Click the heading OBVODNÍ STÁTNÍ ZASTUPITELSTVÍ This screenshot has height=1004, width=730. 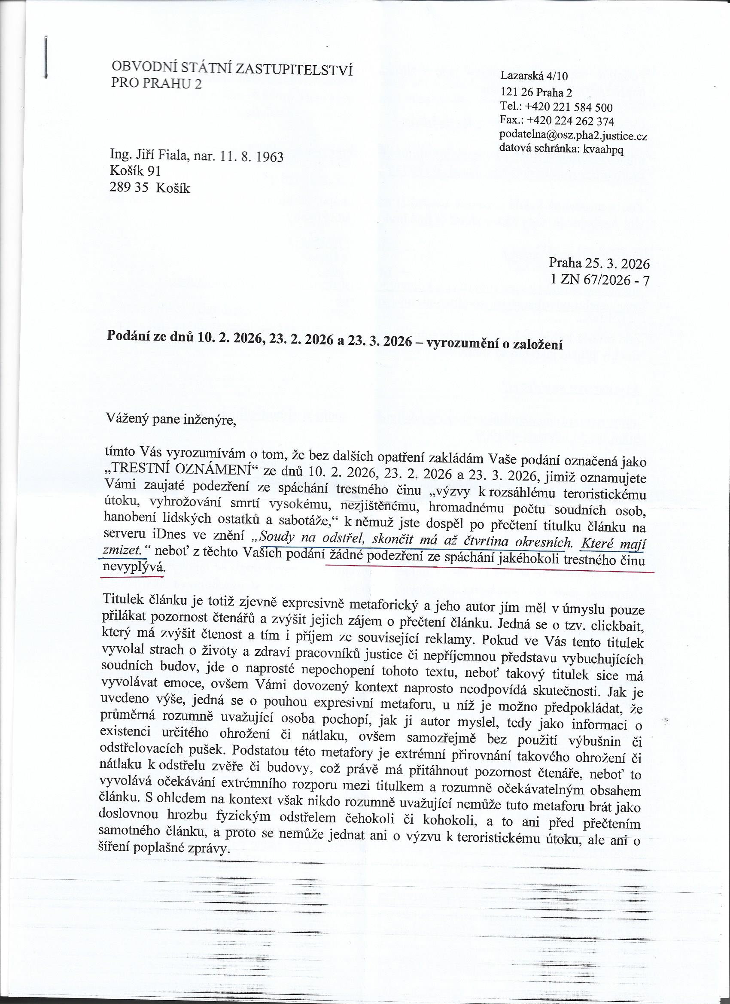tap(232, 68)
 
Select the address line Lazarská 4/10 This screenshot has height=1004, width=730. tap(533, 76)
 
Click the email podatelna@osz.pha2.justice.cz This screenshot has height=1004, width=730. tap(573, 135)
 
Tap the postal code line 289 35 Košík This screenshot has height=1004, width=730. tap(149, 188)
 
